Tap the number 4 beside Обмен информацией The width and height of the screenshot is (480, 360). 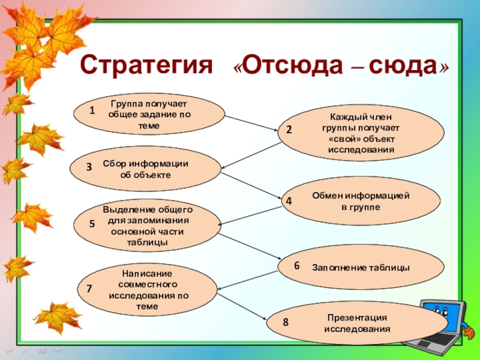tap(289, 202)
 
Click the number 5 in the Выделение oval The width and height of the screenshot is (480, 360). tap(92, 224)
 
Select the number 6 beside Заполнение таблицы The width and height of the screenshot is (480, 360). tap(296, 265)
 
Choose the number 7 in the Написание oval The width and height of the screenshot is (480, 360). tap(89, 289)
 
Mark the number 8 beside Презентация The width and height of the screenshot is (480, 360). tap(286, 322)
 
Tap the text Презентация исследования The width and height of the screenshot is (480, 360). tap(357, 323)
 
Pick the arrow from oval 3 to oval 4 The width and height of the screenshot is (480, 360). tap(252, 186)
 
